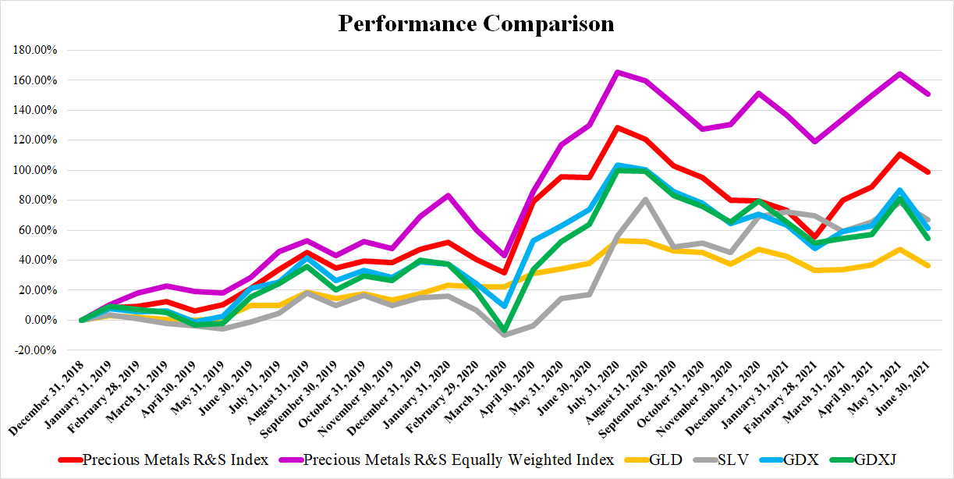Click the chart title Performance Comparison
pyautogui.click(x=476, y=23)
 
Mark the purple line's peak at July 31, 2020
pyautogui.click(x=617, y=72)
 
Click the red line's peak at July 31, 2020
pyautogui.click(x=617, y=127)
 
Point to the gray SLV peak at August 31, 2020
pyautogui.click(x=646, y=199)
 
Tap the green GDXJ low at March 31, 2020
pyautogui.click(x=504, y=331)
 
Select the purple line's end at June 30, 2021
pyautogui.click(x=928, y=94)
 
